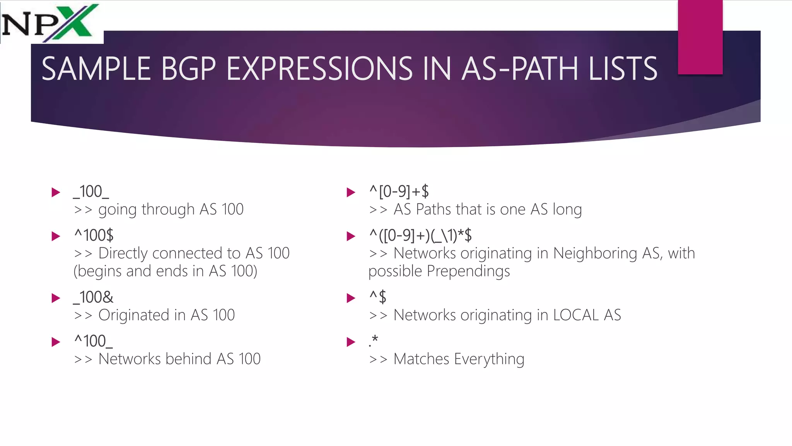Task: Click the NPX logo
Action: click(x=50, y=22)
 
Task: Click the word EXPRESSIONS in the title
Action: click(x=320, y=69)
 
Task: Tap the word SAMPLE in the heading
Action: click(x=96, y=69)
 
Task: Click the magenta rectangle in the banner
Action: click(x=700, y=37)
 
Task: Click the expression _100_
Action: click(x=91, y=192)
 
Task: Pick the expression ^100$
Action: click(x=94, y=235)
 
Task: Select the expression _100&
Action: click(x=93, y=297)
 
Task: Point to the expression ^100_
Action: click(x=94, y=341)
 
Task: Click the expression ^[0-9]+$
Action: click(x=399, y=192)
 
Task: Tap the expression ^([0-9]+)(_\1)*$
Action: click(x=420, y=235)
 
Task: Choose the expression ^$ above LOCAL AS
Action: click(x=378, y=297)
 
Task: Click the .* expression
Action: click(x=373, y=341)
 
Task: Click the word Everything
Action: click(x=489, y=359)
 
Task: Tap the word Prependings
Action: click(x=468, y=271)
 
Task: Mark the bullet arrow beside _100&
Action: click(x=56, y=298)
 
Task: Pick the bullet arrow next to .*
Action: click(x=351, y=342)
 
